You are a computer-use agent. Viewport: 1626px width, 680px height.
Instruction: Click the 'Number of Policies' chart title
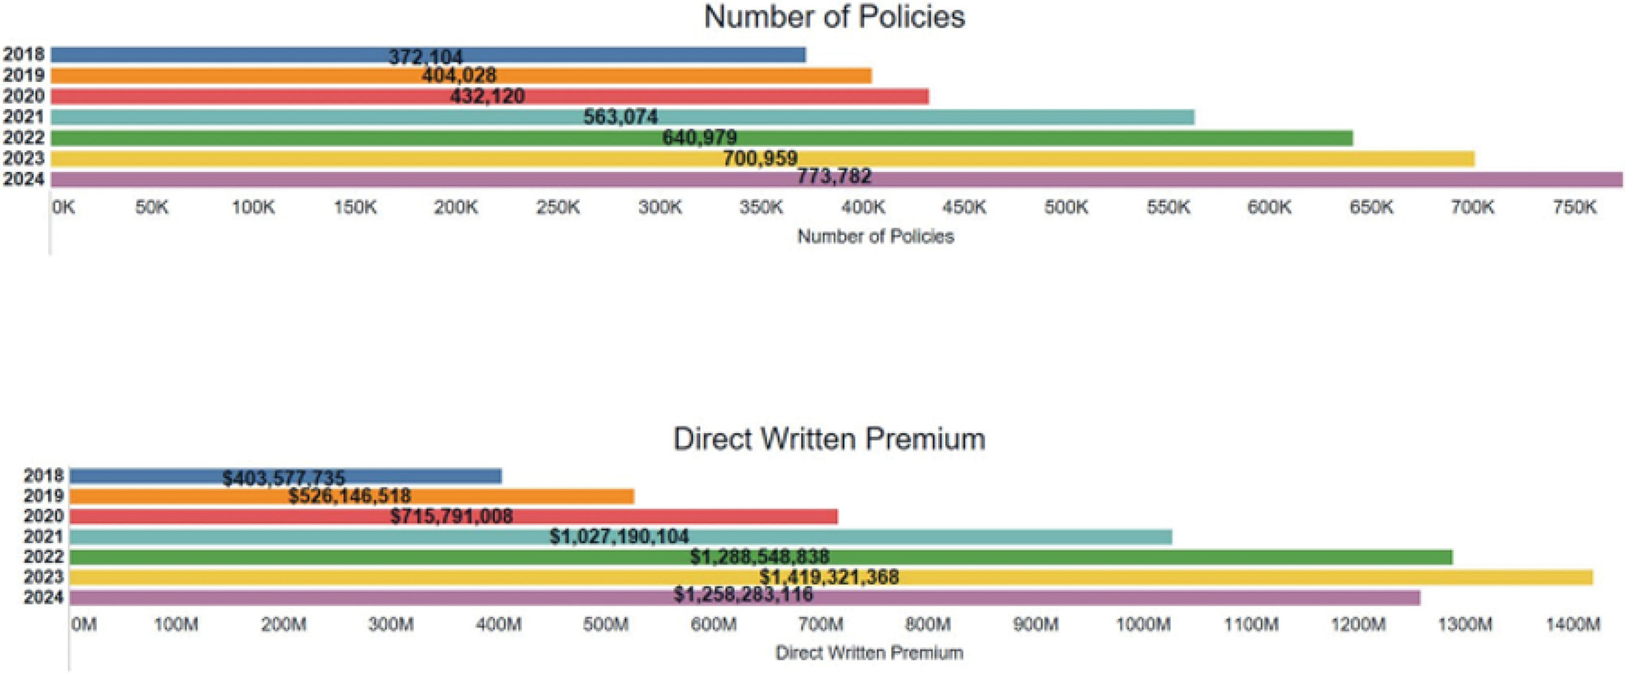834,17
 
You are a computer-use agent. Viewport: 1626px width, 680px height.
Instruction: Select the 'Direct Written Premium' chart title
829,439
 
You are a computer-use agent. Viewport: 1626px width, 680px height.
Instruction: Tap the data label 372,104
425,57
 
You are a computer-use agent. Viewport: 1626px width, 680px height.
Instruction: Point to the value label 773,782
834,176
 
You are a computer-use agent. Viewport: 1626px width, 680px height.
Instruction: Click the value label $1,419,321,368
829,577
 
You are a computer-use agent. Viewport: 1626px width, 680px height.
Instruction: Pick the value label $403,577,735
284,478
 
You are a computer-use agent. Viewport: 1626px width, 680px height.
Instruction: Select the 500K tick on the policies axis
1066,208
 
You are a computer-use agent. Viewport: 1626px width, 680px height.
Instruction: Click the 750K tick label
1575,208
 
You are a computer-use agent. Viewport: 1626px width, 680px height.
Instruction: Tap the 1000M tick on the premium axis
1143,625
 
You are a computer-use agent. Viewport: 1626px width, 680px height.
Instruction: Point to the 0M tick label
84,625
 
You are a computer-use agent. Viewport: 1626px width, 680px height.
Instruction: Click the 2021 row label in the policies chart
24,117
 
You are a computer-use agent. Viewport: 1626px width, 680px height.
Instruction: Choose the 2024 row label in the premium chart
44,598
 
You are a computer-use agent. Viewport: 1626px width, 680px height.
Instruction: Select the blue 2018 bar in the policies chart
203,54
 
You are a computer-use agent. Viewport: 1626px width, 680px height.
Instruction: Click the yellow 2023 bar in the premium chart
1219,578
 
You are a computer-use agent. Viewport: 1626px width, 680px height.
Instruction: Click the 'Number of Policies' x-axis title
876,236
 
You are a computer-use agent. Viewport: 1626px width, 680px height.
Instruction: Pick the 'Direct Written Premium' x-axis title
869,653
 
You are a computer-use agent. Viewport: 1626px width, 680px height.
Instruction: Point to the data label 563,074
620,117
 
